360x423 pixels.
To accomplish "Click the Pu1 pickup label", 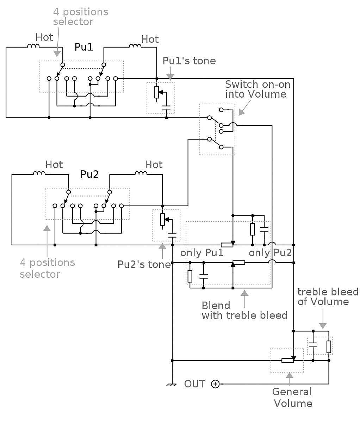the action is pyautogui.click(x=83, y=47).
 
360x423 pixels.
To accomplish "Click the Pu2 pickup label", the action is pyautogui.click(x=89, y=174).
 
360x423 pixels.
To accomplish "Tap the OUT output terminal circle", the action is pyautogui.click(x=215, y=384).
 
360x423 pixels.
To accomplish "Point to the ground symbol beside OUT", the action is pyautogui.click(x=172, y=385).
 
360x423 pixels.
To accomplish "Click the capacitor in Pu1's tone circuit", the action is pyautogui.click(x=166, y=108).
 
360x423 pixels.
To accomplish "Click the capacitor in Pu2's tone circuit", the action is pyautogui.click(x=172, y=235).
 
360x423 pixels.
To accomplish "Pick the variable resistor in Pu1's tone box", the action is pyautogui.click(x=157, y=92).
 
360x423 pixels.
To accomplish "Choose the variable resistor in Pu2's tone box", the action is pyautogui.click(x=163, y=220).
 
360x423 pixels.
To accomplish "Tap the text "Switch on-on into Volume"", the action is pyautogui.click(x=257, y=89).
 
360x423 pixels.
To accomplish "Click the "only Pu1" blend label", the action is pyautogui.click(x=201, y=253).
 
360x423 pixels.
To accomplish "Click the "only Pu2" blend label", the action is pyautogui.click(x=270, y=253).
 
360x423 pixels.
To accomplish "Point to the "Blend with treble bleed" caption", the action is pyautogui.click(x=244, y=311).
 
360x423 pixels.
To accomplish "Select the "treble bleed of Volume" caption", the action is pyautogui.click(x=328, y=297).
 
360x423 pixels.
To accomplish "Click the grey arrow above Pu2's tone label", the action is pyautogui.click(x=162, y=251).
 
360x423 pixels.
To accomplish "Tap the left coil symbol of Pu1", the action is pyautogui.click(x=33, y=46).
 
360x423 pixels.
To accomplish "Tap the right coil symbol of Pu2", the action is pyautogui.click(x=141, y=173).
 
